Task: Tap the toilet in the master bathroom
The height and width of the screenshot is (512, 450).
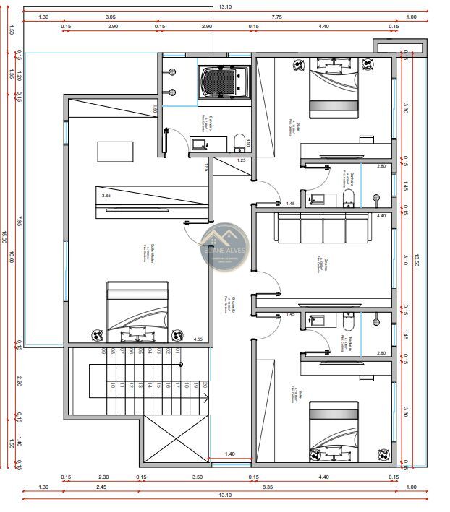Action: (x=239, y=140)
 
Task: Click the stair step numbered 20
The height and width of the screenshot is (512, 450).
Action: (x=205, y=386)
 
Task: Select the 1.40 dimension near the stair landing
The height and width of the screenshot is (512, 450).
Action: (x=230, y=454)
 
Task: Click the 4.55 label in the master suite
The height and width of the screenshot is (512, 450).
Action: (x=198, y=339)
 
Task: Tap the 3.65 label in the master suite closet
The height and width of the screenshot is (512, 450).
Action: (x=106, y=196)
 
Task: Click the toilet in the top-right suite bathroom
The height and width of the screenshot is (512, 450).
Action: (x=348, y=199)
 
